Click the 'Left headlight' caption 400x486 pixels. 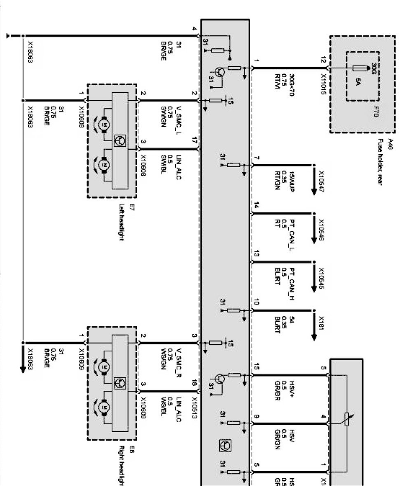click(x=122, y=222)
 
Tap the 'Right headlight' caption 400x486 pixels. click(x=122, y=465)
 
